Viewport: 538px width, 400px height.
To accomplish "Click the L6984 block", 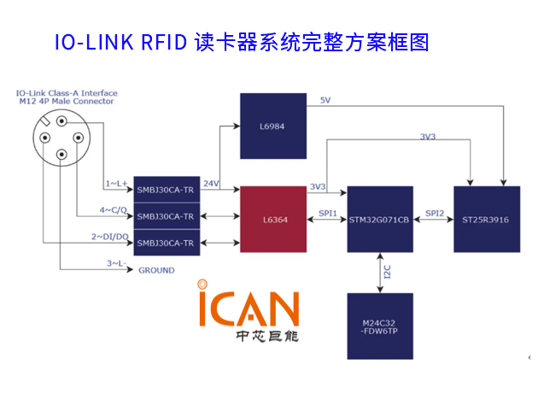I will pos(272,126).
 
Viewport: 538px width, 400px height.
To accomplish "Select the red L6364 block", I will pos(273,220).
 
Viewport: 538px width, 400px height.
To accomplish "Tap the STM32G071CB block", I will pos(380,220).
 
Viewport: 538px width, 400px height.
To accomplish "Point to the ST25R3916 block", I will pos(486,220).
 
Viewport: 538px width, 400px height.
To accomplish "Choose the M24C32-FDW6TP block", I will pos(380,326).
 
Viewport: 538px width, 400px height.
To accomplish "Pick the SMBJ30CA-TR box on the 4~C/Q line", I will pos(167,215).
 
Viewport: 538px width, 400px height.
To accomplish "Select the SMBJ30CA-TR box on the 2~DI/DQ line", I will pos(167,242).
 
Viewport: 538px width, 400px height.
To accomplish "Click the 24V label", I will pos(212,182).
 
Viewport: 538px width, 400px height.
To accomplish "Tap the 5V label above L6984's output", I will pos(325,100).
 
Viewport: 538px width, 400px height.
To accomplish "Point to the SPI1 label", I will pos(327,211).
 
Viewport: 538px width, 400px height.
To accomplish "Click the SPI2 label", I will pos(434,211).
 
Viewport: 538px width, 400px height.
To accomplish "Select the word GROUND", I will pos(156,270).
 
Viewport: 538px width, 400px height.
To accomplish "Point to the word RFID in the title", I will pos(162,42).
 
